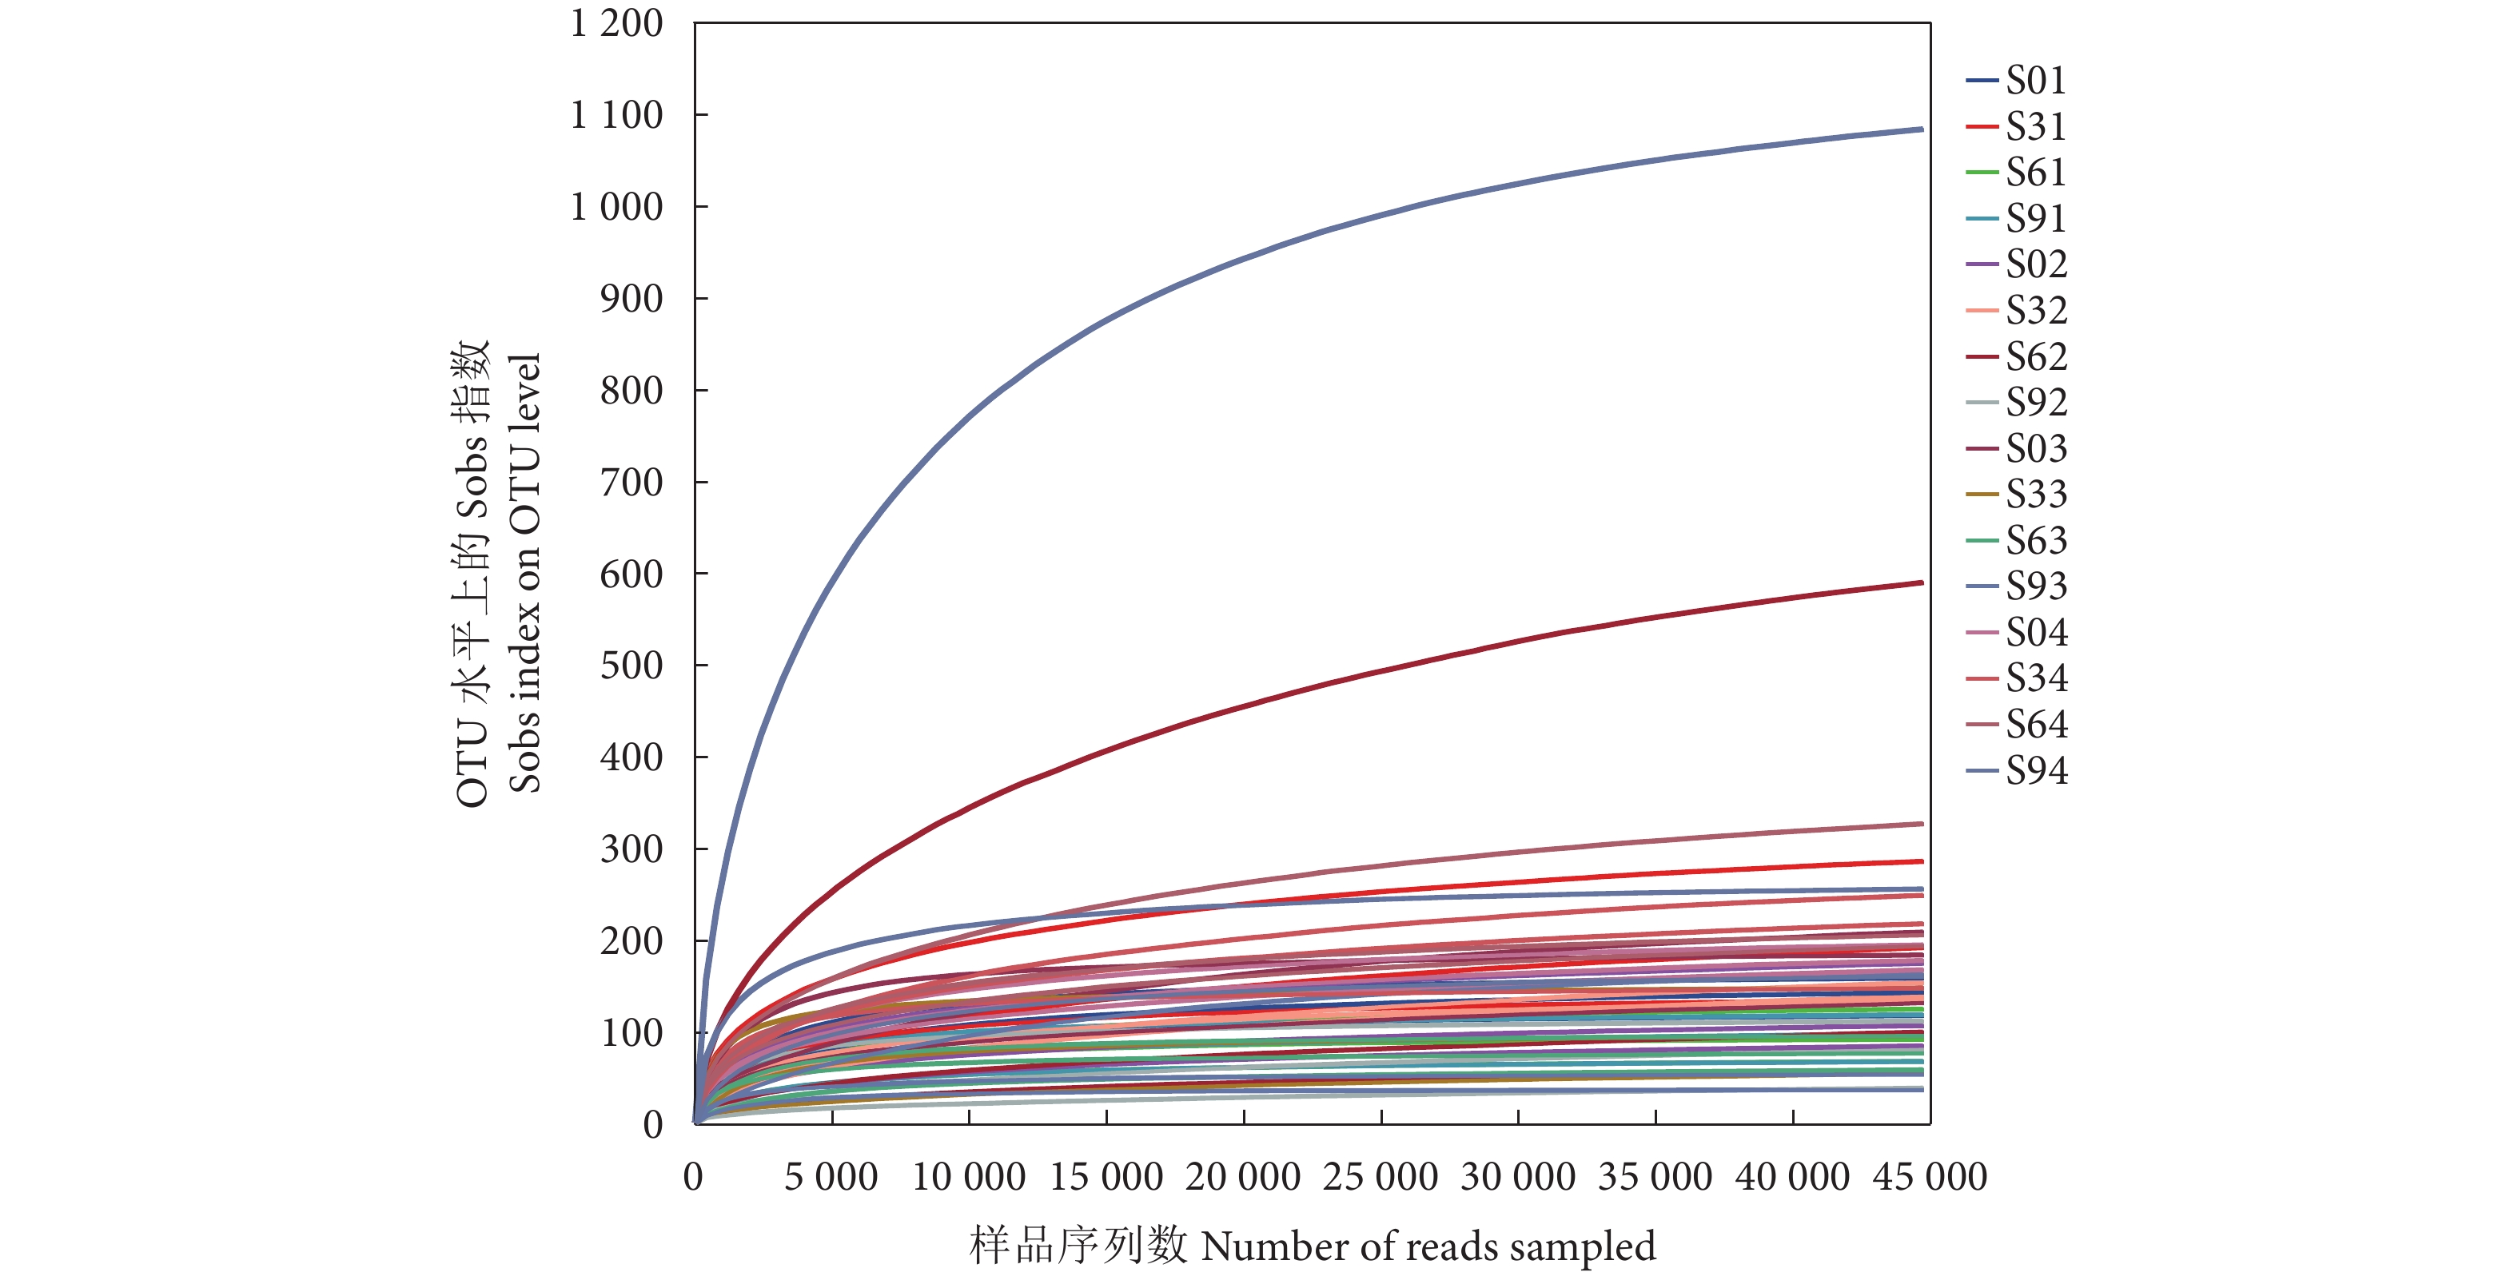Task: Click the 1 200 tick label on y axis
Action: coord(616,23)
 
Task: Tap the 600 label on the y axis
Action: coord(631,574)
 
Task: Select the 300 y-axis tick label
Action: coord(631,849)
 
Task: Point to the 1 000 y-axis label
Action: coord(616,207)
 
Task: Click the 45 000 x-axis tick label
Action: coord(1930,1176)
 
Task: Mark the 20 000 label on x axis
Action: coord(1242,1176)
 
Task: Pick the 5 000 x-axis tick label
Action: coord(831,1176)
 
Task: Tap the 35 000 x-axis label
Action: coord(1655,1176)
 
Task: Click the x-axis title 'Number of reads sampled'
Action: coord(1427,1246)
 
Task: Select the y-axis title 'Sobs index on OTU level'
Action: coord(525,573)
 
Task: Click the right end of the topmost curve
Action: coord(1921,129)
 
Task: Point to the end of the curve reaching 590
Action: coord(1921,583)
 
